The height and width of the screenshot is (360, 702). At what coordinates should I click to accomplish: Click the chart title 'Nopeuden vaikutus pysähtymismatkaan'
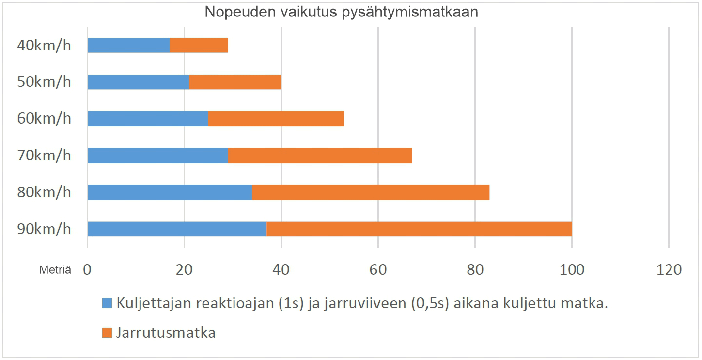[x=341, y=12]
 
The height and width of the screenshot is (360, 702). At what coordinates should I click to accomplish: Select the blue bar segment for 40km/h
[x=129, y=45]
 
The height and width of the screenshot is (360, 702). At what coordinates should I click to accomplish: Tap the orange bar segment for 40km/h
[x=199, y=45]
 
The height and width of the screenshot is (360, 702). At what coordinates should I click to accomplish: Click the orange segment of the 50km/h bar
[x=235, y=82]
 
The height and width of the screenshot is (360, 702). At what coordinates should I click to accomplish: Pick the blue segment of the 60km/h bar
[x=148, y=119]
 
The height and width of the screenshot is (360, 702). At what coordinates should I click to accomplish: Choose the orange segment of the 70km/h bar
[x=320, y=156]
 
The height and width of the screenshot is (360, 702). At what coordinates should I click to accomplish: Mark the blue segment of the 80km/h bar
[x=170, y=192]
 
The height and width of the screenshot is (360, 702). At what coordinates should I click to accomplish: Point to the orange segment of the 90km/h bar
[x=419, y=229]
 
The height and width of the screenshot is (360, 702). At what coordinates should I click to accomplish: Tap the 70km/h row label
[x=44, y=156]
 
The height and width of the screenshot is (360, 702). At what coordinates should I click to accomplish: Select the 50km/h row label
[x=44, y=82]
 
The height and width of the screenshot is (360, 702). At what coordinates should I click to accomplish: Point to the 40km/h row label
[x=44, y=46]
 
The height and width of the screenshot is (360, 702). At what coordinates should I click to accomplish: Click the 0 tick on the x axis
[x=88, y=269]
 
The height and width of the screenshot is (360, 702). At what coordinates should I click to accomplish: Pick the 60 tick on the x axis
[x=378, y=269]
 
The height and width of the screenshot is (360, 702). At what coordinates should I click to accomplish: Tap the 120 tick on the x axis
[x=669, y=269]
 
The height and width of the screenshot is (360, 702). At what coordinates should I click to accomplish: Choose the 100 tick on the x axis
[x=572, y=269]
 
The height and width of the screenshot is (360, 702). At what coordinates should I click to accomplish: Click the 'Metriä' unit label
[x=55, y=270]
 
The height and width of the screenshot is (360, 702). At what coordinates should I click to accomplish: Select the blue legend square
[x=107, y=304]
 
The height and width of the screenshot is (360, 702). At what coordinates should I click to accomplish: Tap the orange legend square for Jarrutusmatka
[x=107, y=333]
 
